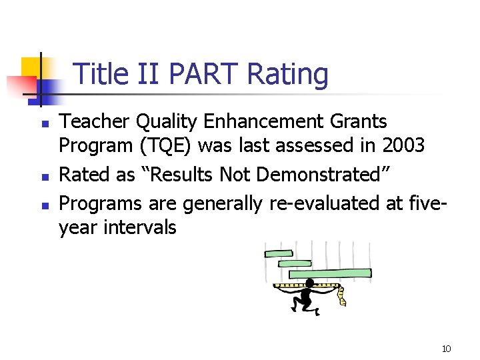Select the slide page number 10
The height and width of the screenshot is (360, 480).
pyautogui.click(x=446, y=349)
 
